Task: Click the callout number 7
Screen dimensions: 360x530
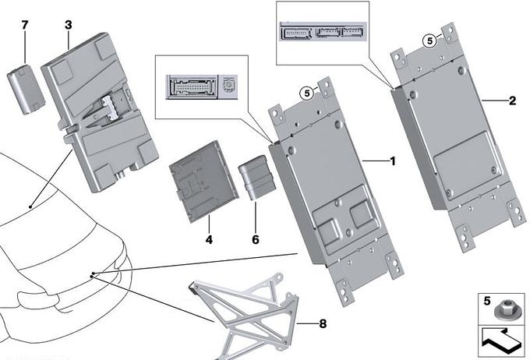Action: (24, 25)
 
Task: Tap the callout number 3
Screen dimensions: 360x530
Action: (68, 25)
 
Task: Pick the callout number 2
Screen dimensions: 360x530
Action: (512, 101)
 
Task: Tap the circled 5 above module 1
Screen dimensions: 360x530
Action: (307, 92)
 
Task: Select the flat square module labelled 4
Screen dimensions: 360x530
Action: (199, 184)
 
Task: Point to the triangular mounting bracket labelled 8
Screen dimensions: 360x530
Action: (249, 312)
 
